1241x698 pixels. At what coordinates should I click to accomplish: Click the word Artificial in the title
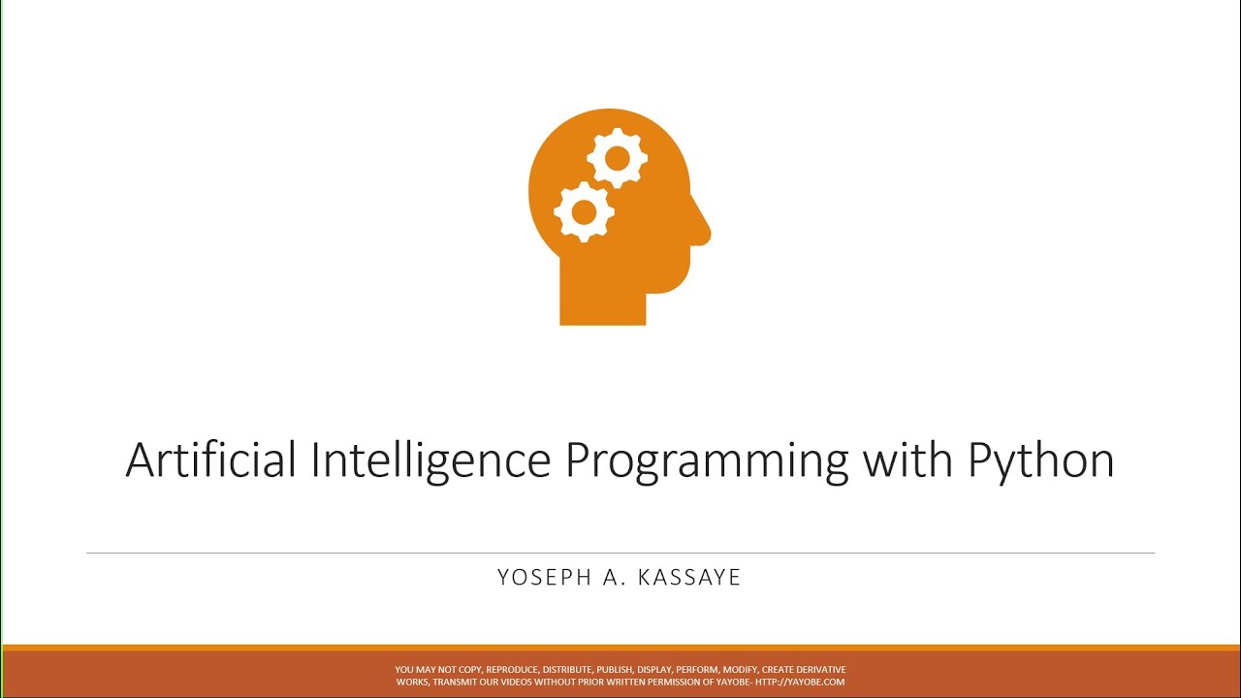point(210,460)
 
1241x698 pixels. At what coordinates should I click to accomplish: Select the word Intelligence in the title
point(430,460)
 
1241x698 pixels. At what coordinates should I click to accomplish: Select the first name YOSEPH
point(545,578)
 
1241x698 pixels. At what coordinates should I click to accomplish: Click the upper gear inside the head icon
point(616,157)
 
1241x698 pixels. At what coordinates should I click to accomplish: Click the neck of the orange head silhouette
point(602,296)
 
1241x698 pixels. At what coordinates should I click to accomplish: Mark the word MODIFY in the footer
point(740,670)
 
